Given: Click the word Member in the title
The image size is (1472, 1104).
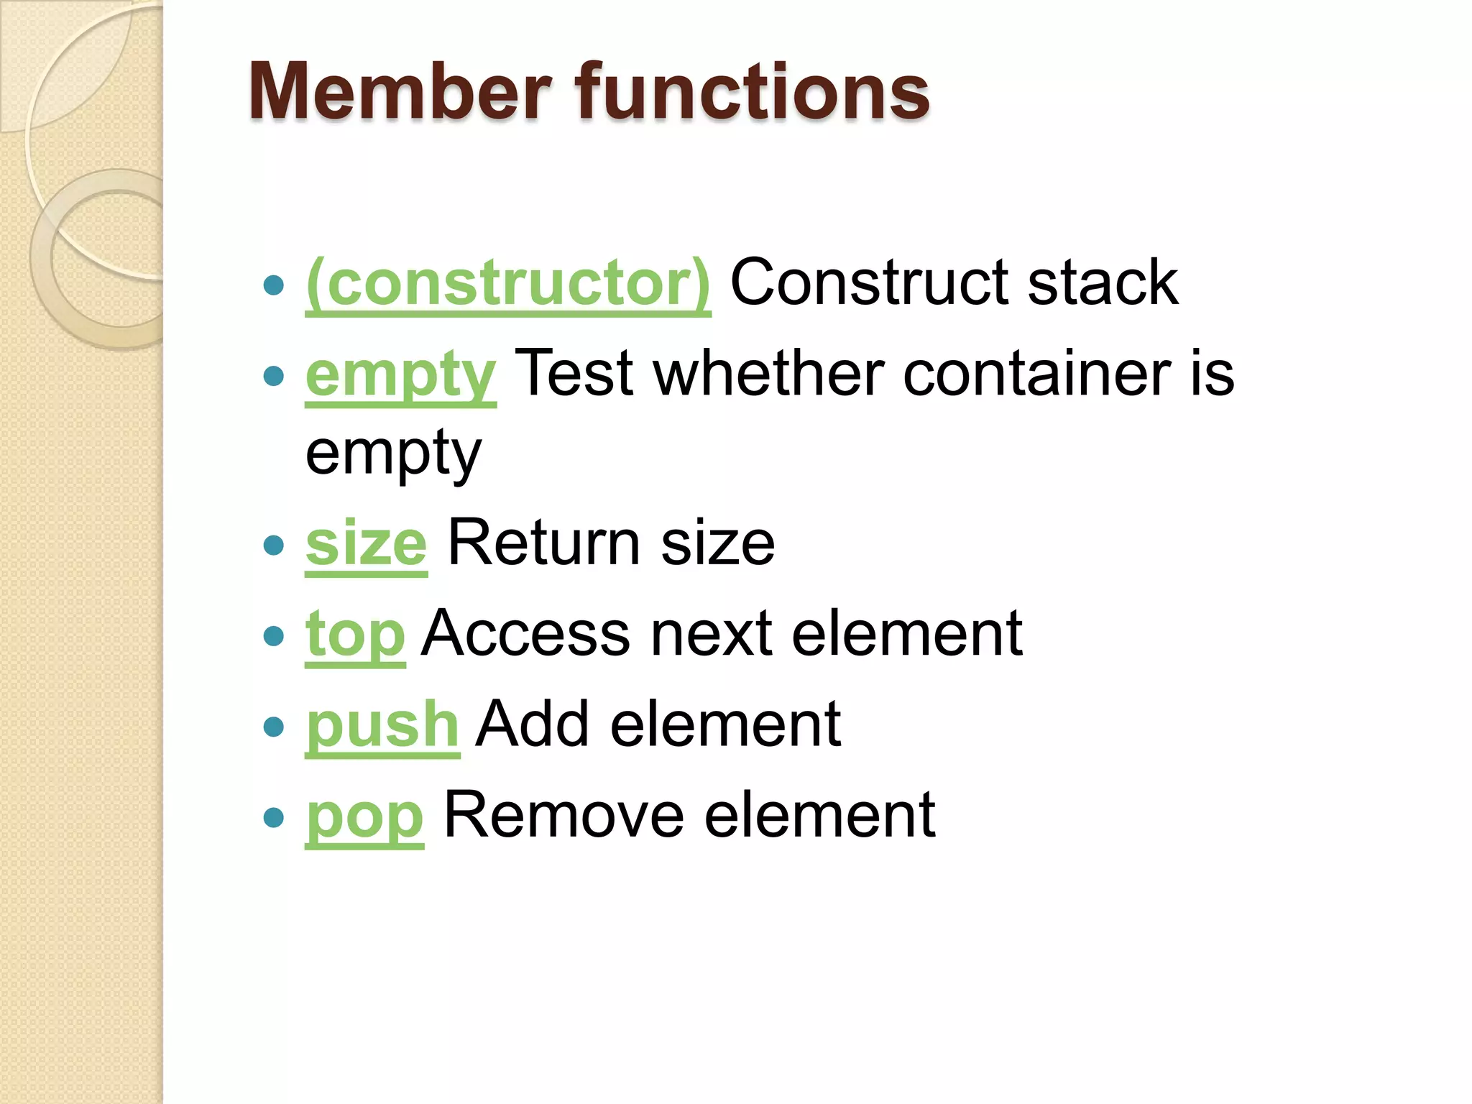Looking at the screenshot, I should pyautogui.click(x=400, y=92).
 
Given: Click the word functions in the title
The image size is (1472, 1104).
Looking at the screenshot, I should pyautogui.click(x=751, y=92).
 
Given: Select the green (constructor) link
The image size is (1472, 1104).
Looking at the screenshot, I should pyautogui.click(x=508, y=283).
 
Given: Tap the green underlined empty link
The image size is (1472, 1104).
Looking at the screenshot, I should pyautogui.click(x=400, y=375).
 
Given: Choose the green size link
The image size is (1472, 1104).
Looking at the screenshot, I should pyautogui.click(x=366, y=543).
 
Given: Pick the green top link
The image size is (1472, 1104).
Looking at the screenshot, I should pyautogui.click(x=355, y=635).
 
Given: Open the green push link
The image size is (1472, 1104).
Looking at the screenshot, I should pyautogui.click(x=382, y=724).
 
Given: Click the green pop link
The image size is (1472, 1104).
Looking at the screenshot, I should pyautogui.click(x=364, y=816).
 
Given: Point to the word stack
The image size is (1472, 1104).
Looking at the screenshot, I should pyautogui.click(x=1103, y=282).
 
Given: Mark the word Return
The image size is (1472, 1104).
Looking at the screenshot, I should pyautogui.click(x=543, y=543).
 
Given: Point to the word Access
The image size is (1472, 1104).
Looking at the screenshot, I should pyautogui.click(x=525, y=634).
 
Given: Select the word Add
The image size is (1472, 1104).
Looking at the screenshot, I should pyautogui.click(x=533, y=724).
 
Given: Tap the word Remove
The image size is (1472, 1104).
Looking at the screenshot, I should pyautogui.click(x=563, y=815).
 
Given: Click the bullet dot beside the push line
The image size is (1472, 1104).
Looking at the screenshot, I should pyautogui.click(x=273, y=727).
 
